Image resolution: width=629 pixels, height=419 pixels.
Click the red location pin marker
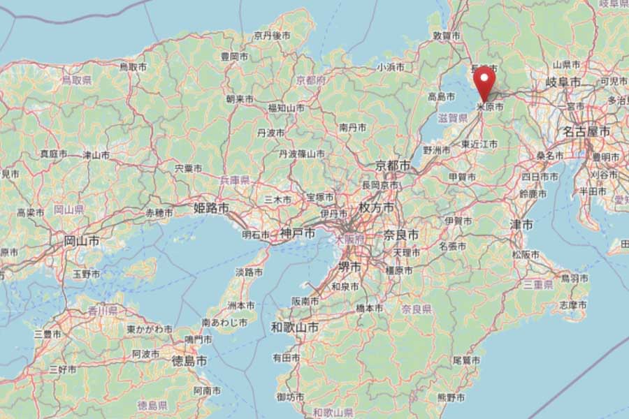tap(484, 83)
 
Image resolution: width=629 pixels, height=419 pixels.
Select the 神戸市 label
tap(298, 233)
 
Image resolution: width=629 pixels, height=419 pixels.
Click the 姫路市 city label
tap(211, 208)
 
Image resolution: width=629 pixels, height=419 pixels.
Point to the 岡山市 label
tap(81, 241)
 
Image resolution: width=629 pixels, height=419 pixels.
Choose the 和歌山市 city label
tap(295, 327)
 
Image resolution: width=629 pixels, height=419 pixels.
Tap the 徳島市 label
tap(189, 361)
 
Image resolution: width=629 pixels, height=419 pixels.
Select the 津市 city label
tap(521, 224)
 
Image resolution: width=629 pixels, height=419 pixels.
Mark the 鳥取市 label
tap(133, 67)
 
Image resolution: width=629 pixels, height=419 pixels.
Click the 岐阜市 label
tap(563, 82)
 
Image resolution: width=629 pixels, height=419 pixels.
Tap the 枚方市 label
tap(376, 208)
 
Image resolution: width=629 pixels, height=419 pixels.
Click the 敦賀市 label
tap(446, 35)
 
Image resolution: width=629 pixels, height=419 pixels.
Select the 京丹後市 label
tap(272, 35)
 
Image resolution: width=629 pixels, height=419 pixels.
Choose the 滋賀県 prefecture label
tap(453, 119)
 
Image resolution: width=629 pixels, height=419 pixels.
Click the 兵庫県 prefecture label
tap(234, 180)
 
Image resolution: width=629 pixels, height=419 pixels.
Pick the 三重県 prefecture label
tap(539, 285)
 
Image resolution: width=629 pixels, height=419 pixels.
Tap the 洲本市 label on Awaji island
tap(240, 306)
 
